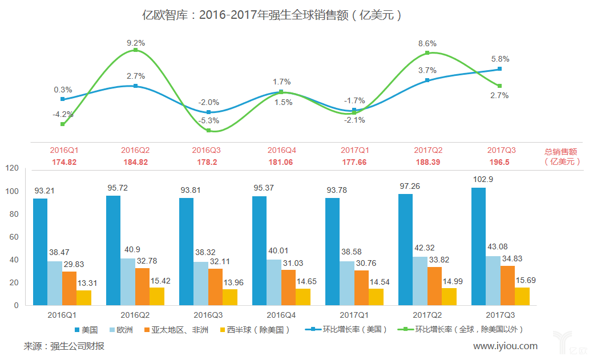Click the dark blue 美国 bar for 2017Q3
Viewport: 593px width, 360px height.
click(479, 246)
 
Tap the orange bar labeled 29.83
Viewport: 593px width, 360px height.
click(69, 288)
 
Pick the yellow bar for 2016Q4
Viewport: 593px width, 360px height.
click(303, 297)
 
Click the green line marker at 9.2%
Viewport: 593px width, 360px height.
click(135, 50)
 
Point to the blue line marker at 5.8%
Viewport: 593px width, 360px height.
click(499, 69)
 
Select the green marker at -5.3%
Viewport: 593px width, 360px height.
click(209, 131)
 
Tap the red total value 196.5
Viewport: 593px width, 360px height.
click(501, 162)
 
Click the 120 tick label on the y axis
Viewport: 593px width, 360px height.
click(11, 168)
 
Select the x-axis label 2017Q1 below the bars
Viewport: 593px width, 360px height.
click(354, 314)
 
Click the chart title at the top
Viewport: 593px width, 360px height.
click(272, 15)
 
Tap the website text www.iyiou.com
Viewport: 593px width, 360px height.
click(505, 346)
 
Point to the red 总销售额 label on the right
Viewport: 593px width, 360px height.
click(562, 151)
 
